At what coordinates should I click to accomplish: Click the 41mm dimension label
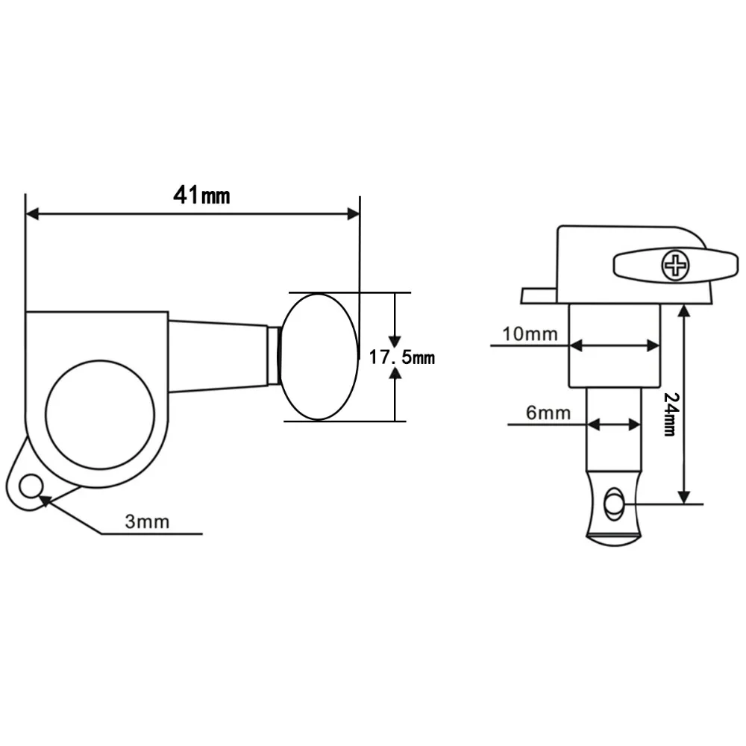[x=201, y=195]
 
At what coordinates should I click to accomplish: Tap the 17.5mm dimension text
[x=402, y=357]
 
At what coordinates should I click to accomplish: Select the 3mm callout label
[x=147, y=521]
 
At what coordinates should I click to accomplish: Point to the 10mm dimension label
[x=530, y=334]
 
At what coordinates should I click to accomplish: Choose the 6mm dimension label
[x=548, y=413]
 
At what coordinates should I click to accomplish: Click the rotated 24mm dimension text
[x=671, y=414]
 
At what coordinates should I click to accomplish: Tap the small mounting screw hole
[x=31, y=486]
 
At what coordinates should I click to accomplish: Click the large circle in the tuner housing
[x=100, y=414]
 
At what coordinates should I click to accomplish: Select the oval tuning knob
[x=318, y=357]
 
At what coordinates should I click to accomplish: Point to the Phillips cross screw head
[x=675, y=266]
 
